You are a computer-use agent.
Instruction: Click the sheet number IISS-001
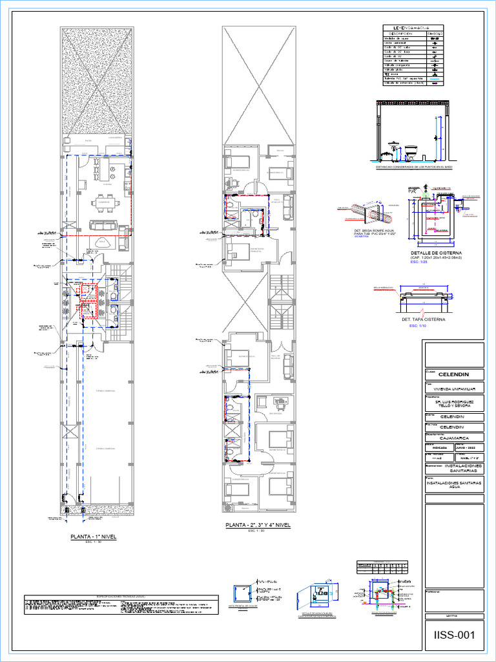454,635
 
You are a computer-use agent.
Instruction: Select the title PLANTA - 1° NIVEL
94,537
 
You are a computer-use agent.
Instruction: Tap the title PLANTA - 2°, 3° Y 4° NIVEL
258,525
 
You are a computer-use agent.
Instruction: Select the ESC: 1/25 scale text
419,263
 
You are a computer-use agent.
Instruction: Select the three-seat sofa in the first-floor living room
103,226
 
